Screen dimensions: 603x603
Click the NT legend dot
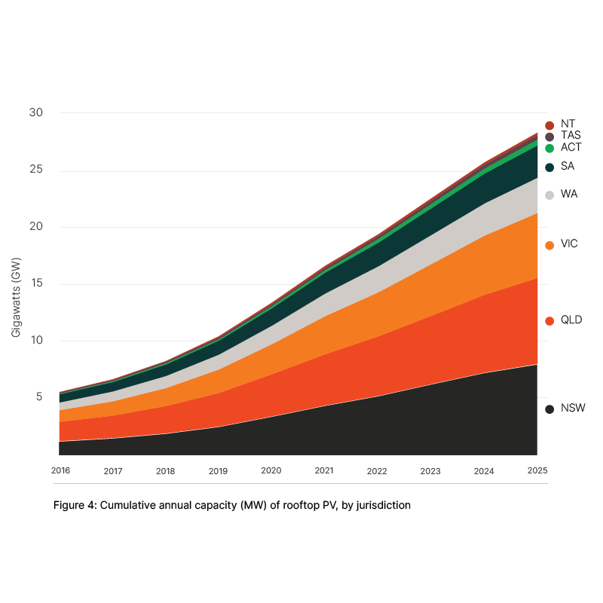549,125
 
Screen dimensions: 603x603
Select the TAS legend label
571,136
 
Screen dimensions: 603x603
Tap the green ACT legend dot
549,148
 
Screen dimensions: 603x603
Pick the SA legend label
568,167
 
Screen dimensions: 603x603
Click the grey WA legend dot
549,195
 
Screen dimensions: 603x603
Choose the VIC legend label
569,244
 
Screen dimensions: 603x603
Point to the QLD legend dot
549,321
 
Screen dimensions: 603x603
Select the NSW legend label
573,409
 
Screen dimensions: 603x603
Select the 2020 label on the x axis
271,470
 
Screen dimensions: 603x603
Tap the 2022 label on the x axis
377,470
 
